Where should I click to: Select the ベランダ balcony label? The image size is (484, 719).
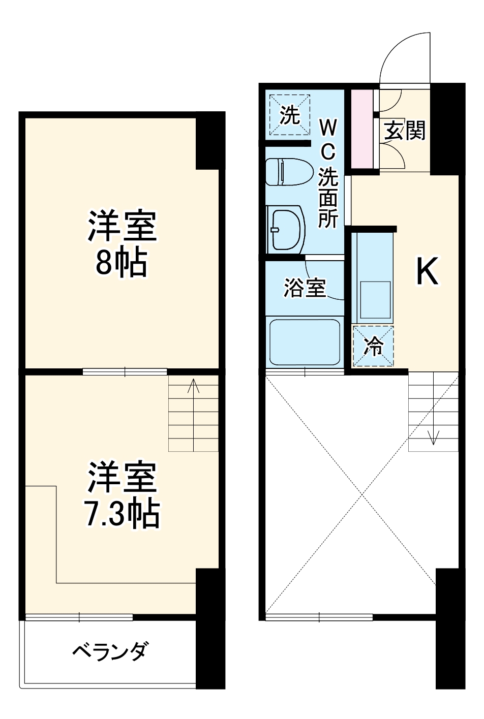tap(110, 651)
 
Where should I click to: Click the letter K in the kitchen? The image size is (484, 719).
tap(427, 272)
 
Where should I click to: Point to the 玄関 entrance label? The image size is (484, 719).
tap(404, 131)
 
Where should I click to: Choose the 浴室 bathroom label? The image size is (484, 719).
tap(304, 289)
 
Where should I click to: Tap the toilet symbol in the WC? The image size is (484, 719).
tap(289, 172)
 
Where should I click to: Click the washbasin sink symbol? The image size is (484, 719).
tap(286, 228)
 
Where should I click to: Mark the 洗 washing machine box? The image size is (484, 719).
tap(289, 115)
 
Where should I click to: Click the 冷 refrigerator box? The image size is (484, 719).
tap(374, 346)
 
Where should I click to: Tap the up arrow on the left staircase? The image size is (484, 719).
tap(193, 387)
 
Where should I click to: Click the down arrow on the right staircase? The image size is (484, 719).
tap(434, 436)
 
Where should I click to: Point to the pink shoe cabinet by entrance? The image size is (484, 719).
tap(362, 129)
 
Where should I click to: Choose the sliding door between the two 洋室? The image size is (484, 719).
tap(125, 372)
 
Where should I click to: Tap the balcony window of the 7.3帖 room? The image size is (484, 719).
tap(79, 617)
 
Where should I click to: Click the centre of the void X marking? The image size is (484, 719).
tap(361, 493)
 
